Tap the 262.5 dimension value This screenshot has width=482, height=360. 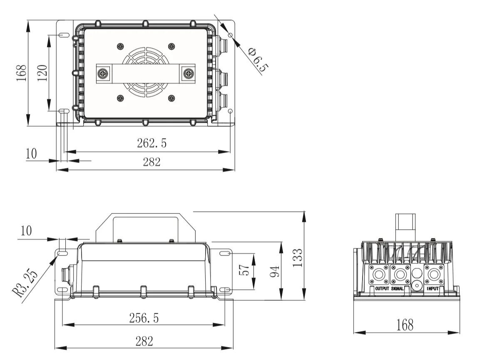(x=152, y=144)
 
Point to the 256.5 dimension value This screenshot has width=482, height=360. (x=144, y=318)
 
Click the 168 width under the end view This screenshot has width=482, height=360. (x=405, y=325)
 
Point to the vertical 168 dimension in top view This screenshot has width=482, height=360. (x=21, y=73)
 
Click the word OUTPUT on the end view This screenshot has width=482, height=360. (x=382, y=288)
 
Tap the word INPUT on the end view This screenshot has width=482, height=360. (x=433, y=288)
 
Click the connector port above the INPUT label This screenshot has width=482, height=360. (x=433, y=275)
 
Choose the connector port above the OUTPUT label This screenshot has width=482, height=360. (x=379, y=275)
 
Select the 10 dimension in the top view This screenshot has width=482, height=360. (x=31, y=154)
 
